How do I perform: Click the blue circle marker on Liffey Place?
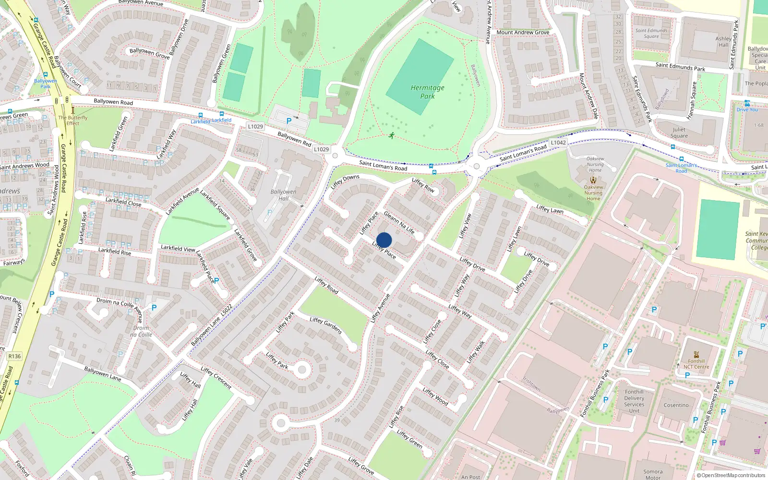(x=384, y=240)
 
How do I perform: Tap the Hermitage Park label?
(x=427, y=92)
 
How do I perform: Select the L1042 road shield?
(x=558, y=143)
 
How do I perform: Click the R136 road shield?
(x=14, y=356)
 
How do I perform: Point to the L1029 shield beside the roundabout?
(x=321, y=149)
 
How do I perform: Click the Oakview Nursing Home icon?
(x=593, y=180)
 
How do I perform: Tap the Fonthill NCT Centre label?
(x=696, y=364)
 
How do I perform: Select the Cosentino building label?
(x=676, y=405)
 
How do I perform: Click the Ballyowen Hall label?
(x=283, y=195)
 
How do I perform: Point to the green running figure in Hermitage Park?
(x=392, y=135)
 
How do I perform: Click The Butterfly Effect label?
(x=73, y=120)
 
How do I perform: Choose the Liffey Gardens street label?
(x=325, y=325)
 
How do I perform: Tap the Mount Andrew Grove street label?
(x=523, y=32)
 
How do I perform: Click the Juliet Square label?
(x=679, y=132)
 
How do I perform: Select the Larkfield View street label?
(x=178, y=248)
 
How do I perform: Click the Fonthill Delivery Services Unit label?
(x=634, y=401)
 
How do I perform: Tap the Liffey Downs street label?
(x=345, y=181)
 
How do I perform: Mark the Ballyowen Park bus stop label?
(x=45, y=84)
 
